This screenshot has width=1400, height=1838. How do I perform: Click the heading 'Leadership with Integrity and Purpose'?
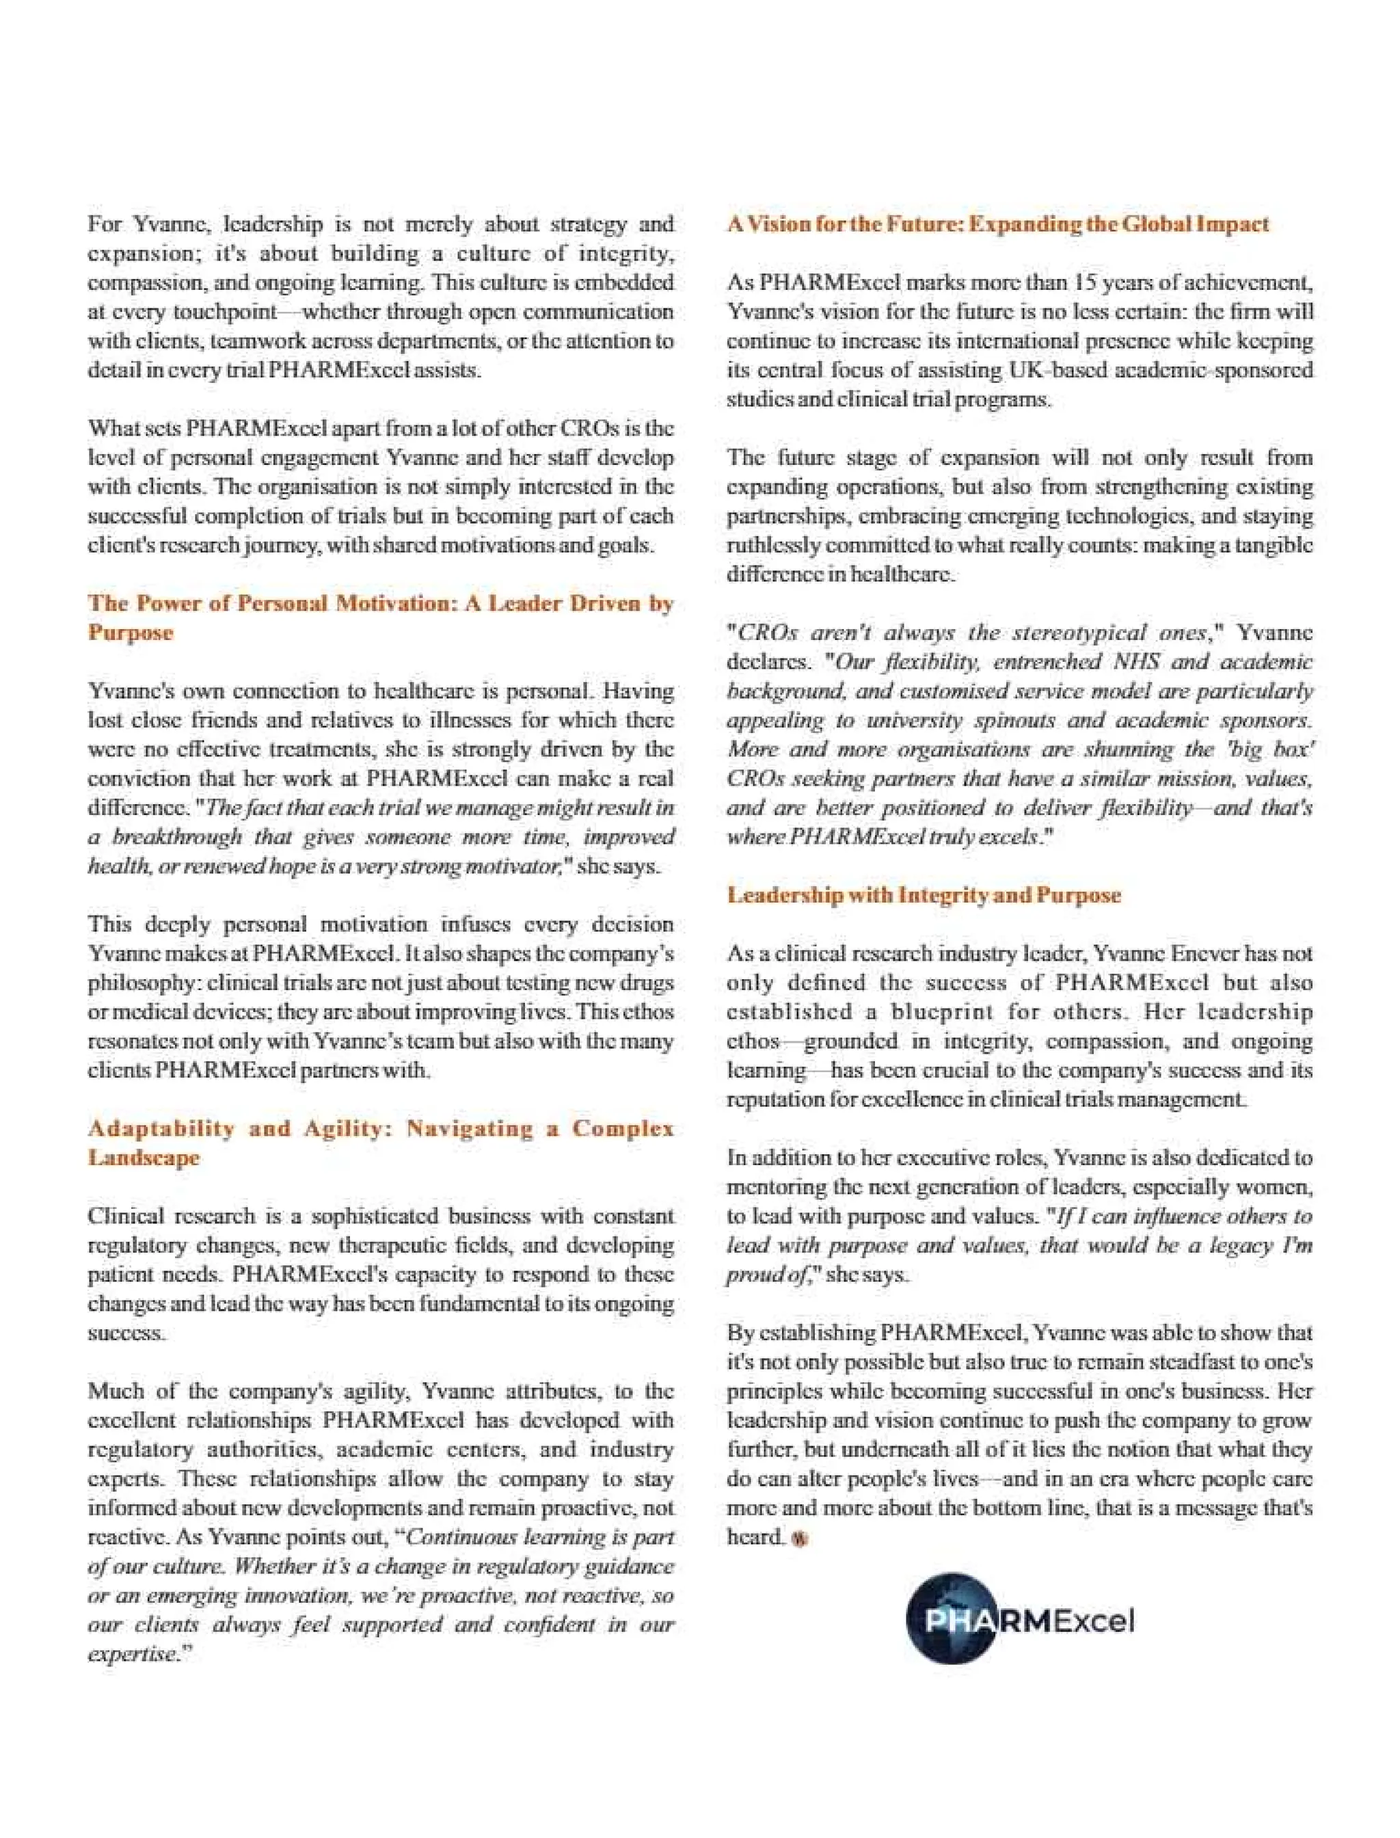click(924, 895)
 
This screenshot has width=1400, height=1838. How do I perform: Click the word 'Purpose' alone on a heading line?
click(131, 632)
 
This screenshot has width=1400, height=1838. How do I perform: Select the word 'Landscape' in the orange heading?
click(144, 1158)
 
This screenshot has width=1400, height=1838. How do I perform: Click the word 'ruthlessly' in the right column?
click(769, 546)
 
